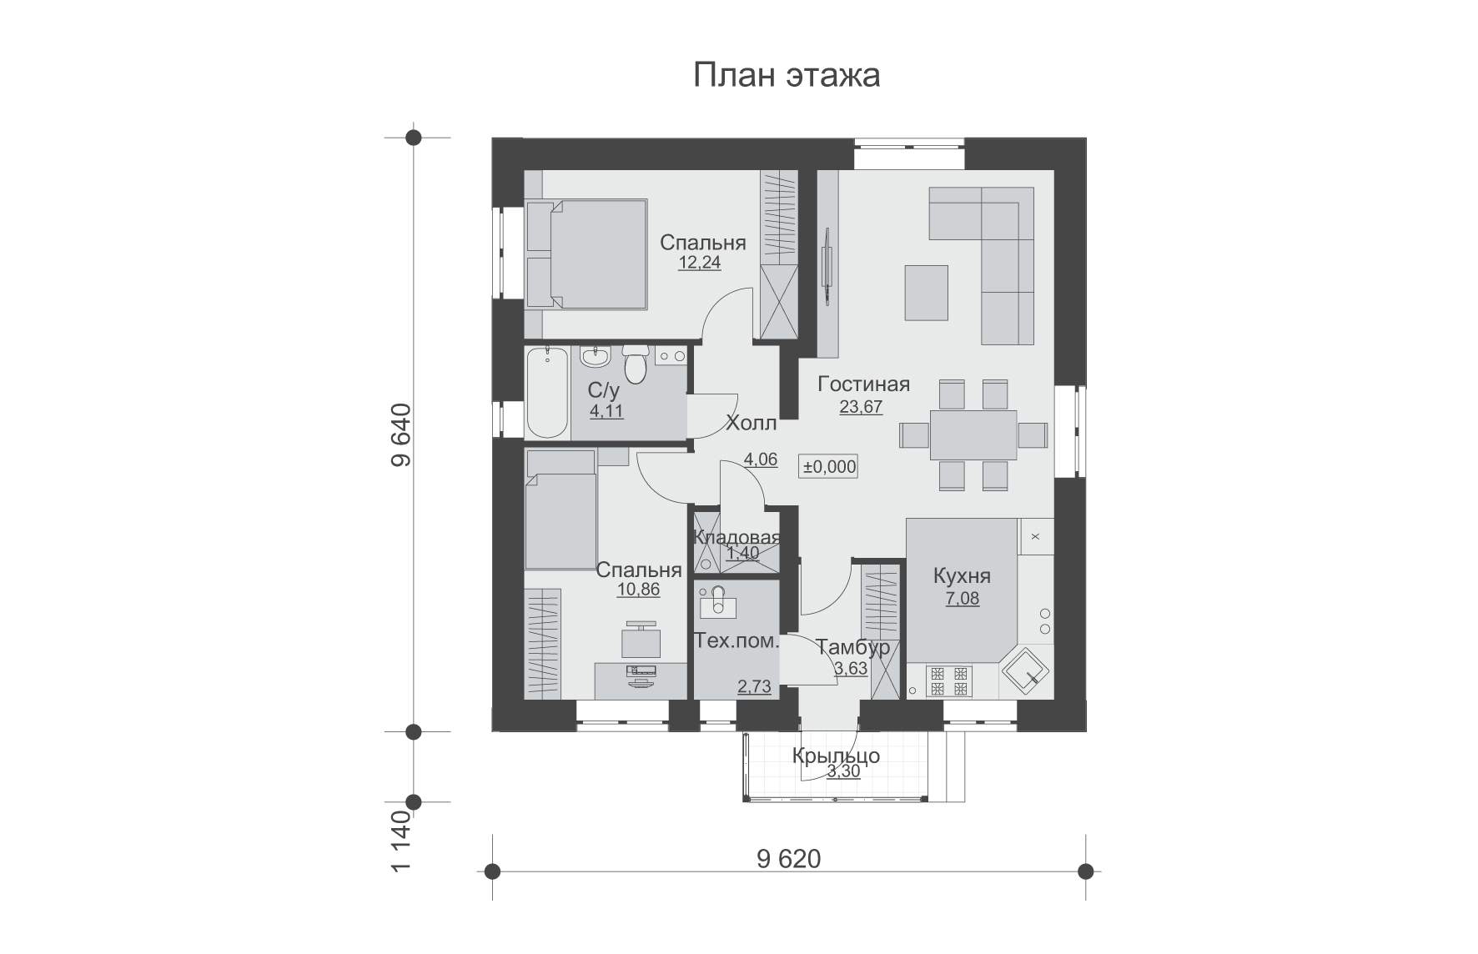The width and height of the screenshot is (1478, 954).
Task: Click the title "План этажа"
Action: click(787, 76)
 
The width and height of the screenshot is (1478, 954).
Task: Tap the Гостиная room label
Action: click(863, 384)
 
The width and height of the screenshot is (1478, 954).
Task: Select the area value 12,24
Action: click(699, 263)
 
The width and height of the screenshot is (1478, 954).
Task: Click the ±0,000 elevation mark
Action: click(829, 467)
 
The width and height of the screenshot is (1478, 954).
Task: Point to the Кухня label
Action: click(962, 576)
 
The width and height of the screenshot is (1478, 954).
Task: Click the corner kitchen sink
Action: click(1025, 670)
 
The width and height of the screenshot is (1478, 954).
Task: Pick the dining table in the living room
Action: click(973, 434)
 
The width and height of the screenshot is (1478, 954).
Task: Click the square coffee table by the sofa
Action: click(926, 293)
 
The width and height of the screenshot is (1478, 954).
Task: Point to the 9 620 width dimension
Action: click(789, 860)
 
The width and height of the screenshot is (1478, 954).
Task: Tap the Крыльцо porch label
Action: click(836, 756)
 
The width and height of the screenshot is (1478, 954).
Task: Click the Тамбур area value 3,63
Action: click(851, 669)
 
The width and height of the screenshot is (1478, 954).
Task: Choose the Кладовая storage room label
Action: click(737, 538)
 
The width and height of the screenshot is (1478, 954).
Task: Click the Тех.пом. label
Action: click(737, 642)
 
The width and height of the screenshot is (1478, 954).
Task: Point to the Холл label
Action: click(752, 423)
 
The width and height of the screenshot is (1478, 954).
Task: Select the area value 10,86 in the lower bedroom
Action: click(638, 590)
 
